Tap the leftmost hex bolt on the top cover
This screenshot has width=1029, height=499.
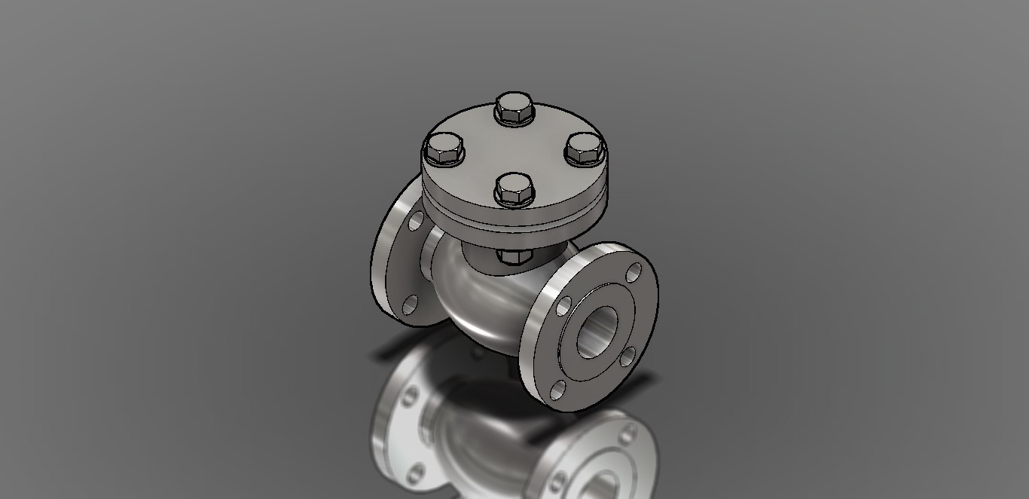click(x=444, y=149)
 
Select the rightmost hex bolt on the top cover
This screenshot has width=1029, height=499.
click(x=585, y=149)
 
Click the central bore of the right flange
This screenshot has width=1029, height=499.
click(x=597, y=332)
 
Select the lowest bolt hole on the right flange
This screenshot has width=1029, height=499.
click(x=558, y=389)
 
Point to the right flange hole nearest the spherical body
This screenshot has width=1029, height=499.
click(x=563, y=305)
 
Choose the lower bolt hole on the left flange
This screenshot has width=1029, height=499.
click(x=410, y=304)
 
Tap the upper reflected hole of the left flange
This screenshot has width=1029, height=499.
click(x=411, y=396)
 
